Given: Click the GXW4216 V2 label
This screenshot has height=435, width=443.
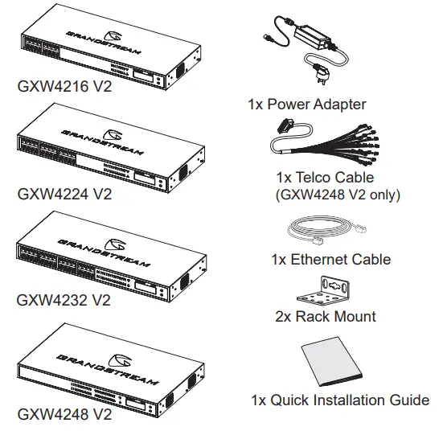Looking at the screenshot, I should [x=64, y=86].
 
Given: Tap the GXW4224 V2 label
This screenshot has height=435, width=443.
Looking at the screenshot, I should [x=64, y=194].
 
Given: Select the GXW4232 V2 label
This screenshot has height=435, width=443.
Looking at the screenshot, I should [x=64, y=301].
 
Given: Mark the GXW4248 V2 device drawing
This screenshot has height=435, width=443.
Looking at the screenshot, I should [x=105, y=370].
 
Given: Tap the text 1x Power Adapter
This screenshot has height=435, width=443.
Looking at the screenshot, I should [x=307, y=104].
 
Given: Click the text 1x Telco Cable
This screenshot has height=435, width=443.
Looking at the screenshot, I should [x=322, y=178].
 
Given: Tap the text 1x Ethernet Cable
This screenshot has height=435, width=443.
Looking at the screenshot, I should [x=330, y=259].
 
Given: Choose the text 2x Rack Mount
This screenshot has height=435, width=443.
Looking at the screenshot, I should [x=324, y=316].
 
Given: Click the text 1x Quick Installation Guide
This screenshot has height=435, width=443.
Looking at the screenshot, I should [x=340, y=400].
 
